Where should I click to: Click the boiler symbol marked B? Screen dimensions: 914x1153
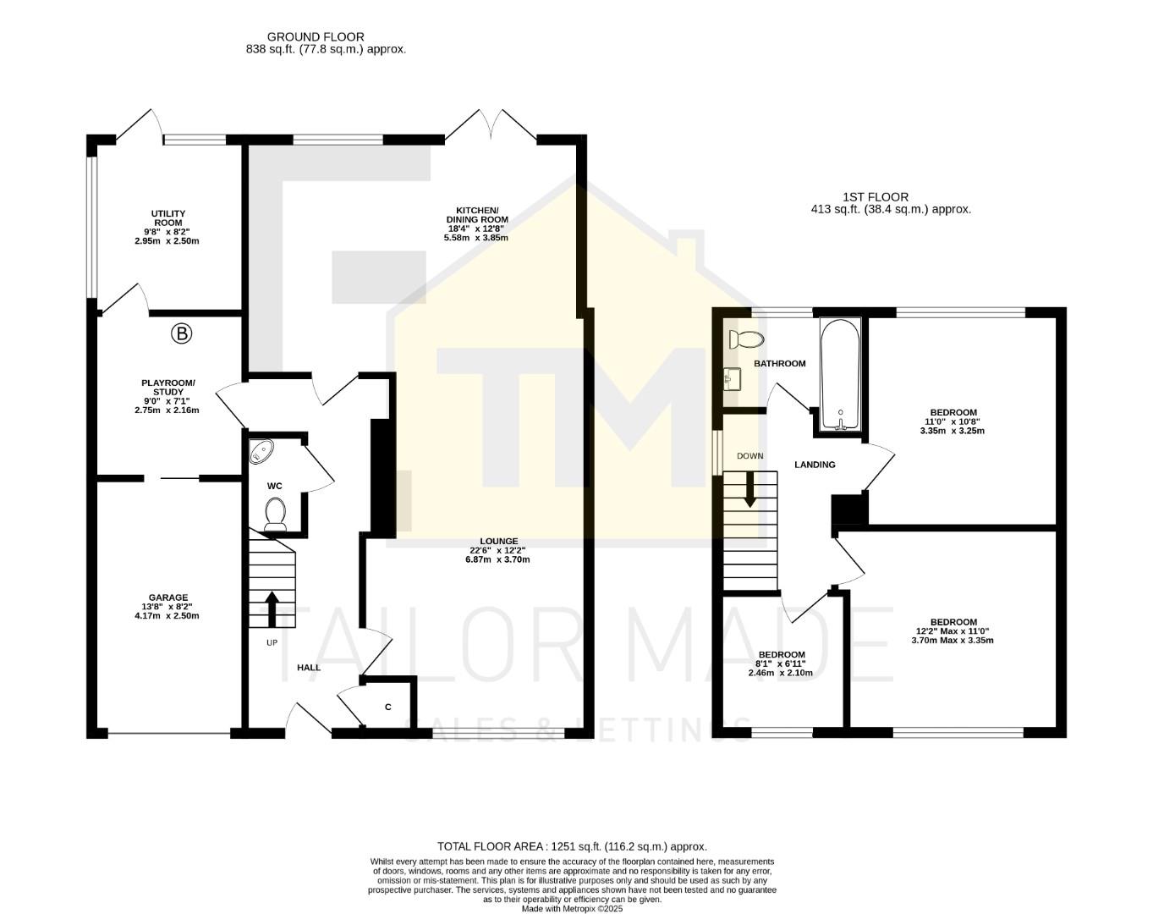[181, 333]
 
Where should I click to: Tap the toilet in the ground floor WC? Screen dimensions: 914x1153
[275, 514]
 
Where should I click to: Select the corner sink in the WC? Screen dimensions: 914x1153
[261, 452]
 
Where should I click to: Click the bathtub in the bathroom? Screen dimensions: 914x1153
[840, 374]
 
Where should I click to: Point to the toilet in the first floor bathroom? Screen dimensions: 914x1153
[745, 339]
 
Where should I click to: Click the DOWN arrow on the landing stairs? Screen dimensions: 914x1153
[749, 490]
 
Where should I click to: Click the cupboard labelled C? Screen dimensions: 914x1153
[388, 707]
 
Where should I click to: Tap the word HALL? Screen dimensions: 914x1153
[309, 668]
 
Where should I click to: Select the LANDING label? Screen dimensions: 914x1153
[815, 465]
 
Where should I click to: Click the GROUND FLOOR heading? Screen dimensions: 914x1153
[316, 37]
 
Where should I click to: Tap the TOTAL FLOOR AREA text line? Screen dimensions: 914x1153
[572, 846]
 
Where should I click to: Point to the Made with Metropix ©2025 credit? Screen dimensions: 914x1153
[572, 909]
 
